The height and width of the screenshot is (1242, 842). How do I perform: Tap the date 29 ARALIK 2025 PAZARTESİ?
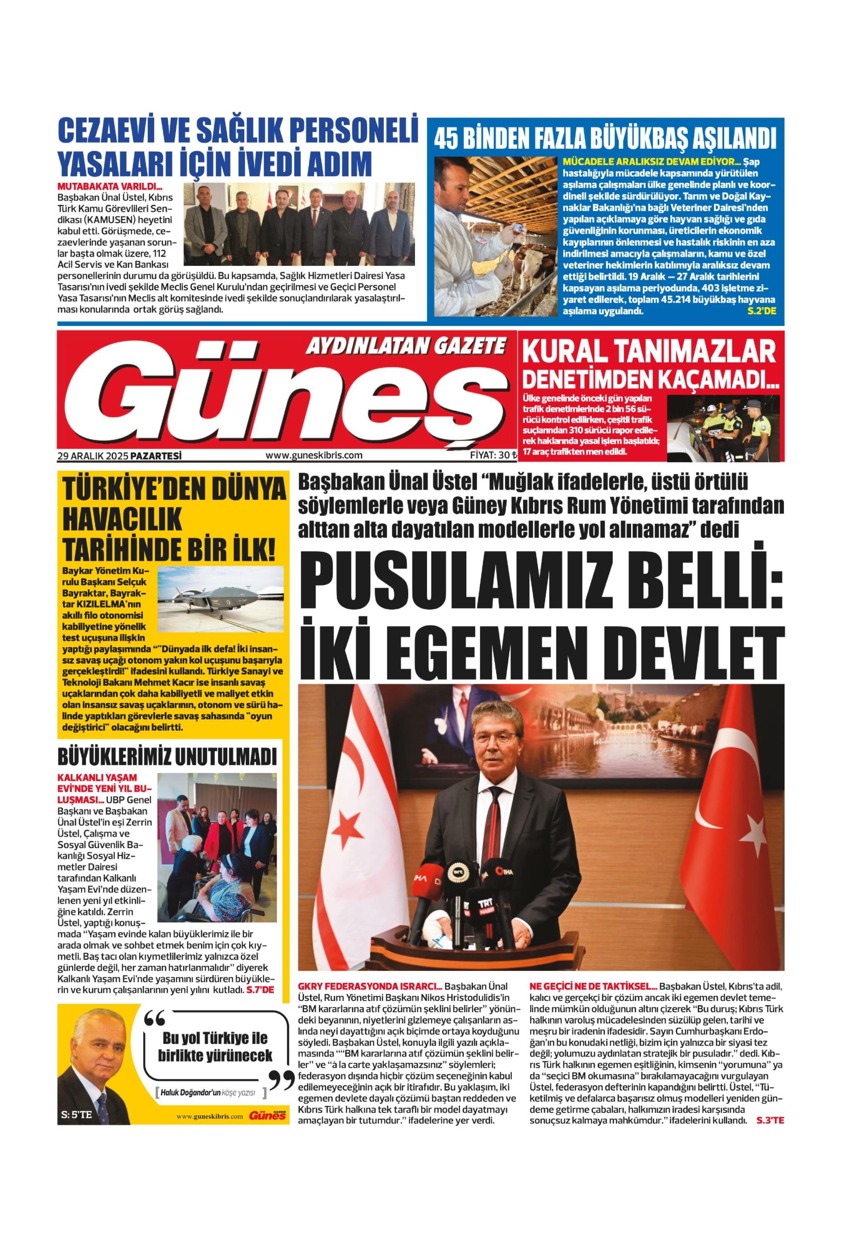tap(120, 456)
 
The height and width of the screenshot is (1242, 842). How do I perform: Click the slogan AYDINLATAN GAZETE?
tap(404, 347)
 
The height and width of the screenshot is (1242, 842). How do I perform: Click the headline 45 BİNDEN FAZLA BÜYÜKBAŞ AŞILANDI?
tap(604, 138)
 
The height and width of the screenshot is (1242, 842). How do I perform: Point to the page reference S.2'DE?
tap(762, 310)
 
